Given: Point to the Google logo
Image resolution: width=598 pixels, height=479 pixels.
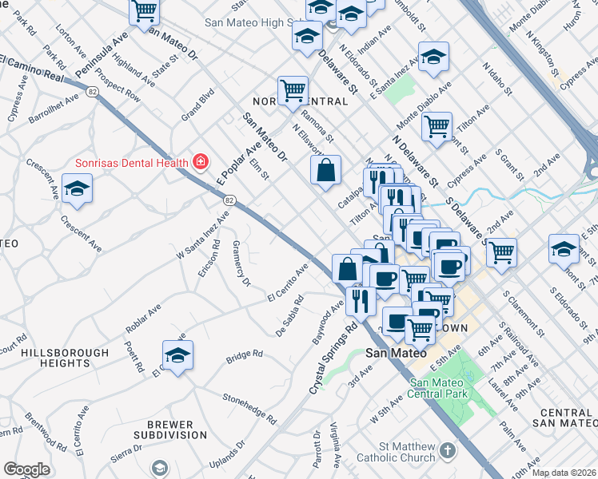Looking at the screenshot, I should click(27, 469).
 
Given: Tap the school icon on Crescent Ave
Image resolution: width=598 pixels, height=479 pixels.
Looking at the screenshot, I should click(77, 189).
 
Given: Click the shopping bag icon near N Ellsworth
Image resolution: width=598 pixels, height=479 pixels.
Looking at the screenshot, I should click(325, 170).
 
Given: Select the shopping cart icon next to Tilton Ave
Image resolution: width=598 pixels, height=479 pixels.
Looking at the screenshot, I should click(437, 125).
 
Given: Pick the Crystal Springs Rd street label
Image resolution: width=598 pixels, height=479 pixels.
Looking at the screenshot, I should click(333, 357).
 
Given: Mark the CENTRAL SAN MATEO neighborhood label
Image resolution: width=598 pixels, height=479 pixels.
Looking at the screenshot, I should click(564, 417).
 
